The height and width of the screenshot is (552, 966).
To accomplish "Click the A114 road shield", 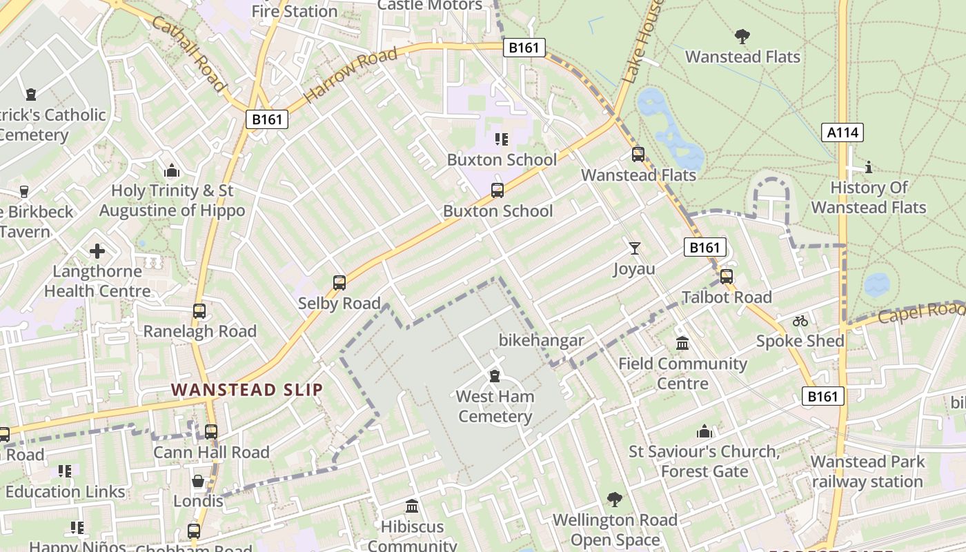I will coord(842,132).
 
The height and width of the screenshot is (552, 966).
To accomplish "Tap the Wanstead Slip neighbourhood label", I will coord(246,390).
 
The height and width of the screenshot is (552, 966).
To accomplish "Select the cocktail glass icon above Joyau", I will coord(634,248).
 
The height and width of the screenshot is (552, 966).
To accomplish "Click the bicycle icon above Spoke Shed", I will coord(800,321).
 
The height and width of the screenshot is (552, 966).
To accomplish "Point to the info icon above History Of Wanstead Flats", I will coord(868,167).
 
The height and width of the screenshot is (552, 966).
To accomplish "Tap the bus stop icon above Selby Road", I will coord(339,283).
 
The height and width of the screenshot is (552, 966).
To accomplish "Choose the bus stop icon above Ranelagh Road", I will coord(199,311).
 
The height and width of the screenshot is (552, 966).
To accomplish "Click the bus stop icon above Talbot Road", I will coord(726,277).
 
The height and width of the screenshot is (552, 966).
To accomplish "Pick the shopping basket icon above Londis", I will coord(198,481).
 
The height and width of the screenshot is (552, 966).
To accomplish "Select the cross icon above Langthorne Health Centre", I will coord(97,251).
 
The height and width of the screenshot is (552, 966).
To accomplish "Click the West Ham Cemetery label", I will coord(495,406).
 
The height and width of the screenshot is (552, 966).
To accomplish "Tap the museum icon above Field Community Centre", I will coord(682,343).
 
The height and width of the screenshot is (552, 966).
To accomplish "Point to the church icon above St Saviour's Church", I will coord(704,431).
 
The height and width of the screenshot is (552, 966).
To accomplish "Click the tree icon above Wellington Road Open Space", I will coord(614,499).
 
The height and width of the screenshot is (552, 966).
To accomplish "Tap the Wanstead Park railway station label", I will coord(867,472).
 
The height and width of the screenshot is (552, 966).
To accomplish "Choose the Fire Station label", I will coord(294,11).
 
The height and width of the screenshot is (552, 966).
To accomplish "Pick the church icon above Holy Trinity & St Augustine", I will coord(172,170).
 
